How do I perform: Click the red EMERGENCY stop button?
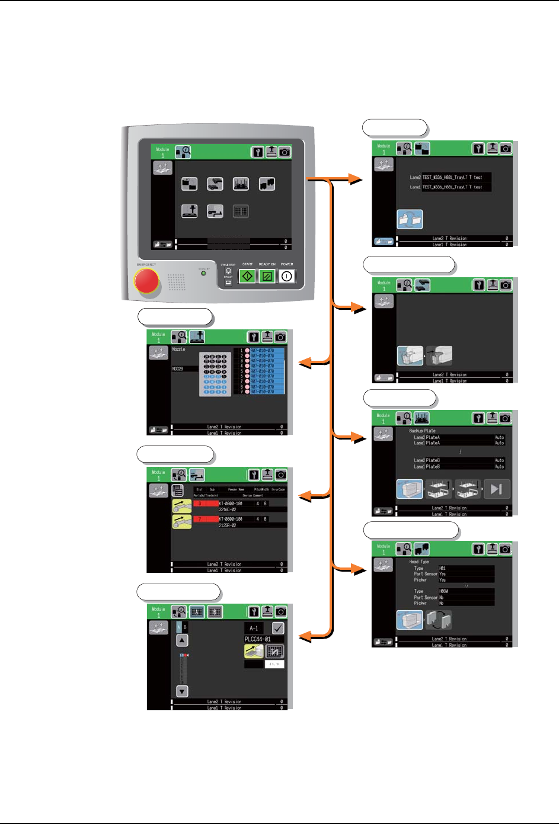146,281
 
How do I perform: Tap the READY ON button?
267,276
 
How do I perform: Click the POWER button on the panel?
287,276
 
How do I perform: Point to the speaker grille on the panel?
177,282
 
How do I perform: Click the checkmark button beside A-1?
277,628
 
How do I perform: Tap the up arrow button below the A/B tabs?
182,640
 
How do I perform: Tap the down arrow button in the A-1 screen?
182,691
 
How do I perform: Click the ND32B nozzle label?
178,368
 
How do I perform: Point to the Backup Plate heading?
422,431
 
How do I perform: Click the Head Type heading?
419,562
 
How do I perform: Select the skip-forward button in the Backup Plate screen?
497,489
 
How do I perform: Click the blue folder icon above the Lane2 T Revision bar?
410,219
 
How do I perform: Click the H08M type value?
443,591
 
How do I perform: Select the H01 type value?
442,568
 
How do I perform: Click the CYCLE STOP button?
228,271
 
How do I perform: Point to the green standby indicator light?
203,273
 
